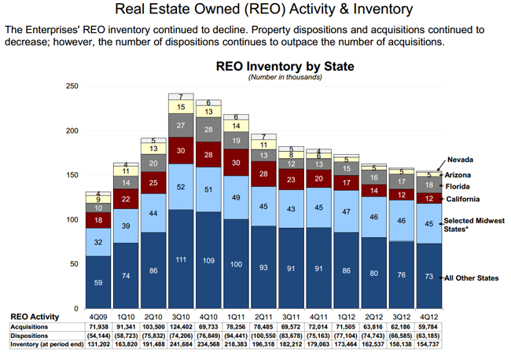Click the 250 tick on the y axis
[x=72, y=86]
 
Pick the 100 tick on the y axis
[x=72, y=219]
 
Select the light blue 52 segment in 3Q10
[x=181, y=187]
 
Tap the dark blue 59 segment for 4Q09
[x=97, y=283]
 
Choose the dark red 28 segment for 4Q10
[x=208, y=156]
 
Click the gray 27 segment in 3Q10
[x=181, y=125]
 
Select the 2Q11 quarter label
[x=264, y=316]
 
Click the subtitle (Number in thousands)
[x=285, y=77]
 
